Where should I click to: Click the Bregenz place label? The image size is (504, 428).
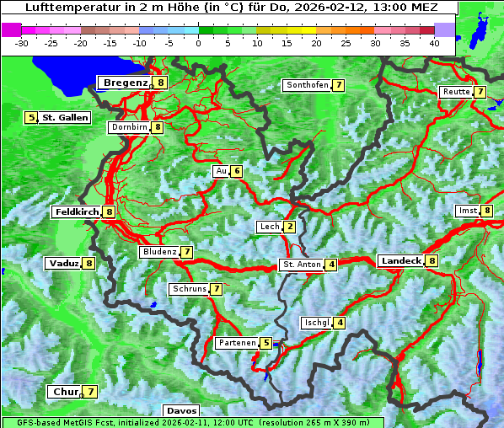tap(126, 83)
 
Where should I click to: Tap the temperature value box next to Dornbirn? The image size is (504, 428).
tap(157, 127)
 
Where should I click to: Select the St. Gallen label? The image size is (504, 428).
tap(65, 118)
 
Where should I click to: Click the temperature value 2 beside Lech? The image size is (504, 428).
tap(289, 227)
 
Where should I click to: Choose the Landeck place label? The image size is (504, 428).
tap(400, 261)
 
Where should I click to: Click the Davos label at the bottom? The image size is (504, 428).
tap(182, 410)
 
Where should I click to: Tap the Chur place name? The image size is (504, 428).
tap(65, 392)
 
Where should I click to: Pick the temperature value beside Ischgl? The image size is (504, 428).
tap(339, 323)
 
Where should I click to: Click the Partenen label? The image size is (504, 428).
tap(235, 343)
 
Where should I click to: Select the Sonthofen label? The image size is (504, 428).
tap(307, 85)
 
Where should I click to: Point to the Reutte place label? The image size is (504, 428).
tap(455, 92)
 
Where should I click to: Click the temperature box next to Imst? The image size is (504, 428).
tap(487, 210)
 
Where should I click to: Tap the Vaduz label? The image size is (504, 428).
tap(64, 263)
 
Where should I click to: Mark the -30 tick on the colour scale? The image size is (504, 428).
tap(22, 42)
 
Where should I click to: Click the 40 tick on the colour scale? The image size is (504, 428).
tap(434, 42)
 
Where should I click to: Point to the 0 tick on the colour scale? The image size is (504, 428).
tap(198, 42)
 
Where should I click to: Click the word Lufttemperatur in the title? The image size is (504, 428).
tap(63, 7)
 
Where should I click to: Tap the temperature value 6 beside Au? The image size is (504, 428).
tap(237, 171)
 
